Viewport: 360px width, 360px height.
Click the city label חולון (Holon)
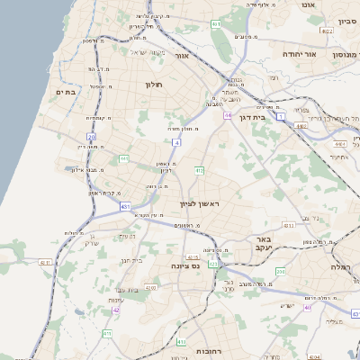pos(152,85)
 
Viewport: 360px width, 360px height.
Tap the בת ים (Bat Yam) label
pos(64,92)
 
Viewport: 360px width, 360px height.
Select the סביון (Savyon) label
pos(347,19)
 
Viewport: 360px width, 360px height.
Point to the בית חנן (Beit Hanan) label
pos(131,260)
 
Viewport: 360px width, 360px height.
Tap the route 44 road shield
pos(229,116)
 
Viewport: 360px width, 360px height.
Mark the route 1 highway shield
pos(281,117)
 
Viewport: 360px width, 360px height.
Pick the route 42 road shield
pos(116,310)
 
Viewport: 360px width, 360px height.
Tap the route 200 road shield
pos(280,271)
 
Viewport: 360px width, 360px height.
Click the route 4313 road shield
pos(288,225)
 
